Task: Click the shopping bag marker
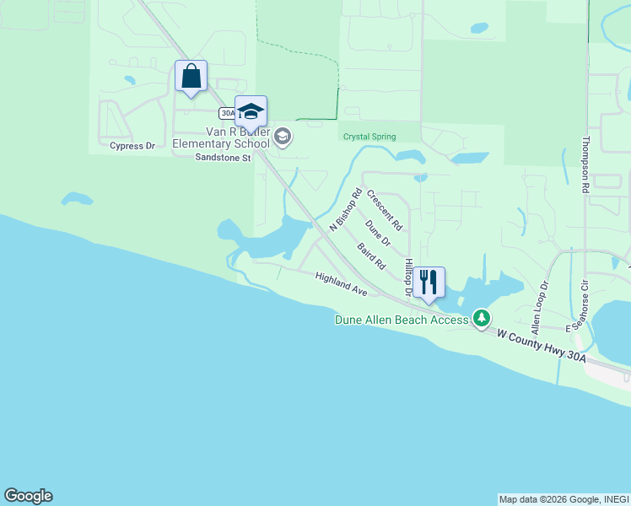(x=191, y=77)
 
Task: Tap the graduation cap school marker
(x=251, y=111)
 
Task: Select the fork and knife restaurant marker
(x=429, y=283)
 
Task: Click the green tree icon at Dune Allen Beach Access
(x=482, y=318)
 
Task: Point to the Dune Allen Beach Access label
(x=401, y=320)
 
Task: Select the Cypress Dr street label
(x=132, y=146)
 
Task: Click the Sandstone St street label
(x=224, y=158)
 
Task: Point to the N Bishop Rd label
(x=345, y=210)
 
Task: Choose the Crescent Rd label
(x=385, y=211)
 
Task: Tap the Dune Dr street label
(x=378, y=234)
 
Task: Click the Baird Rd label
(x=371, y=256)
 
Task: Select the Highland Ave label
(x=341, y=283)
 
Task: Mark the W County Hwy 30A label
(x=541, y=346)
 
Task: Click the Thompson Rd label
(x=584, y=165)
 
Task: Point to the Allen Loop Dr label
(x=537, y=306)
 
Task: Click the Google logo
(x=28, y=496)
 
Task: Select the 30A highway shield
(x=227, y=113)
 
